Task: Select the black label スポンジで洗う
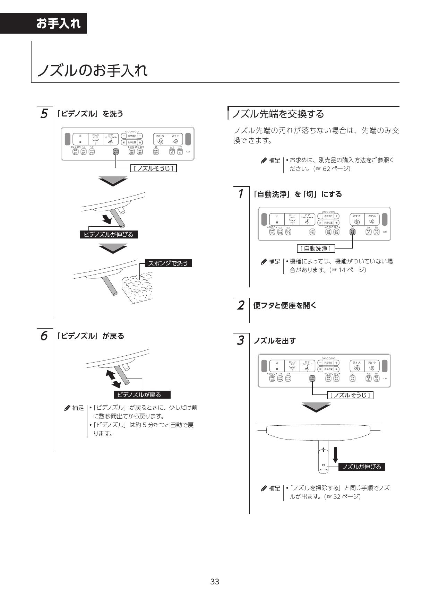pyautogui.click(x=168, y=263)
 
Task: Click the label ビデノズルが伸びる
pyautogui.click(x=109, y=235)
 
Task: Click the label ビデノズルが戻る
pyautogui.click(x=142, y=394)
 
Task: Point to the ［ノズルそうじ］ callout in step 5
pyautogui.click(x=154, y=168)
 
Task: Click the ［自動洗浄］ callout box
pyautogui.click(x=316, y=248)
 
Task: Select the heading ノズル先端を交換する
pyautogui.click(x=278, y=114)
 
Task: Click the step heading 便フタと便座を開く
pyautogui.click(x=285, y=305)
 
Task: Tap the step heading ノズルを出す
pyautogui.click(x=274, y=341)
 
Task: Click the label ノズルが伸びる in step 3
pyautogui.click(x=361, y=467)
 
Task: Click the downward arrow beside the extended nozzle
pyautogui.click(x=335, y=454)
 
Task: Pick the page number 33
pyautogui.click(x=215, y=581)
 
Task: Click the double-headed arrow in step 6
pyautogui.click(x=113, y=379)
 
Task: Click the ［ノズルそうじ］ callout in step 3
pyautogui.click(x=350, y=395)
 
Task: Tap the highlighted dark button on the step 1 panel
pyautogui.click(x=352, y=232)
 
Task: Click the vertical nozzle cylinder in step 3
pyautogui.click(x=323, y=456)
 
